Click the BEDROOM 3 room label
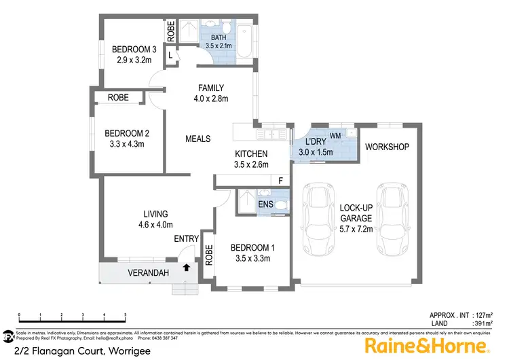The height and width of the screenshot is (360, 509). click(x=133, y=49)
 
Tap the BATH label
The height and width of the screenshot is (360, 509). click(x=218, y=37)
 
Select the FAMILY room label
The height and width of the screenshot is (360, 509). click(x=210, y=88)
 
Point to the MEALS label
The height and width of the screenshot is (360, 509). click(x=197, y=139)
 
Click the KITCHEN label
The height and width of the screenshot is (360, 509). click(x=251, y=154)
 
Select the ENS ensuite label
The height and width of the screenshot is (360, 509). click(x=266, y=202)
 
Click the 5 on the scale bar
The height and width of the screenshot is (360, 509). click(x=126, y=314)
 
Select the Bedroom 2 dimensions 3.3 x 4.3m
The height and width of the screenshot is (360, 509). click(x=122, y=143)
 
